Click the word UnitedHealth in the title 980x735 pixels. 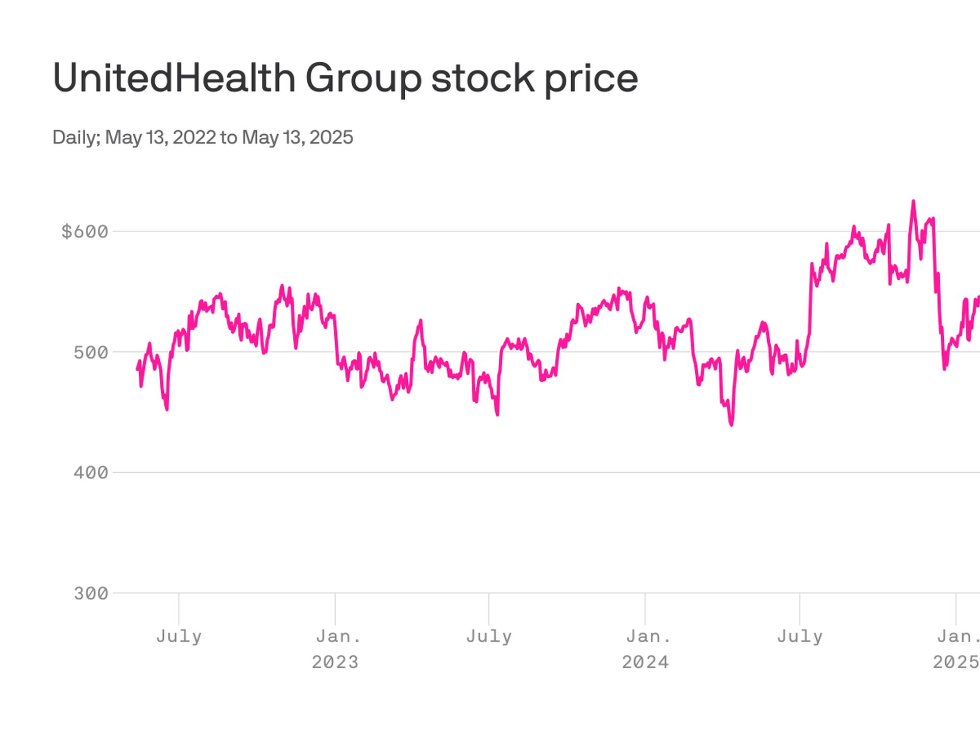point(174,78)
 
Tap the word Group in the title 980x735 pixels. point(363,78)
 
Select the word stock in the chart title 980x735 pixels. point(482,78)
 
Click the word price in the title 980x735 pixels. point(591,78)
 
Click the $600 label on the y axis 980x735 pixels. point(85,232)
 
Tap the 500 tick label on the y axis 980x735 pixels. point(91,352)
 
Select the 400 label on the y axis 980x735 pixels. point(91,473)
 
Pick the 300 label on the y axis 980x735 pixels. point(91,593)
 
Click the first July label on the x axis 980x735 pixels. point(179,636)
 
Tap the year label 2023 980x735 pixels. point(335,663)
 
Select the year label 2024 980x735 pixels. point(645,663)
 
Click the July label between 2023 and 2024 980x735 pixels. point(488,636)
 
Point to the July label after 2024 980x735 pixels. point(799,636)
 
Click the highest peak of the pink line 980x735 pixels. point(913,202)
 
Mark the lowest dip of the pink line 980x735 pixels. point(731,424)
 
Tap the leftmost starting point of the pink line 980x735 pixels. point(137,369)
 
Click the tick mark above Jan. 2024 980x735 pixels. point(645,608)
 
